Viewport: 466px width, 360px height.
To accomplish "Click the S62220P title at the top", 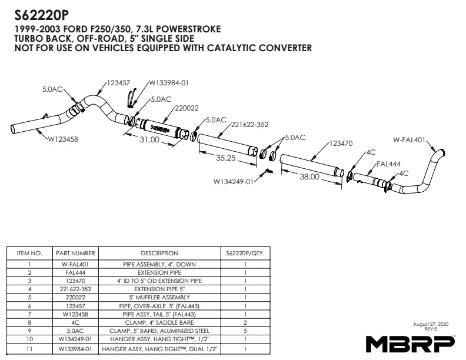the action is [41, 16].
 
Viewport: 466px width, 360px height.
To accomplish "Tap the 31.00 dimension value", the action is [149, 139].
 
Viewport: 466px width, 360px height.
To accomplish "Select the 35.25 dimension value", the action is [225, 158].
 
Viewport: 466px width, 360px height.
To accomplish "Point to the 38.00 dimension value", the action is [309, 176].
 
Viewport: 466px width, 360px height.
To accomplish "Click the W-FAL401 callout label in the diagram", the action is [410, 139].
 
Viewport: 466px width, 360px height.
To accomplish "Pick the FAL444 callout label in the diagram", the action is [388, 164].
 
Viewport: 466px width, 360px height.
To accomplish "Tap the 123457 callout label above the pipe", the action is [118, 82].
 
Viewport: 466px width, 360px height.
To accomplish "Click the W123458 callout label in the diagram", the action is [63, 139].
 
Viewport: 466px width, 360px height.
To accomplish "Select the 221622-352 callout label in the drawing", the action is [249, 125].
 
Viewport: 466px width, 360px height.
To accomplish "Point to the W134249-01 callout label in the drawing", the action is [234, 181].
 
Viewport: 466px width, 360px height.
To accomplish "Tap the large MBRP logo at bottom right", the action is [410, 344].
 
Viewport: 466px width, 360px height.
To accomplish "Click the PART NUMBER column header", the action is [75, 254].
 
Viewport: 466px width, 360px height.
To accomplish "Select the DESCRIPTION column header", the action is [159, 254].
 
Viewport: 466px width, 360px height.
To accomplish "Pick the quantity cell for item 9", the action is [245, 331].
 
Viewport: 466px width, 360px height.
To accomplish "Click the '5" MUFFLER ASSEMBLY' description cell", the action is [159, 297].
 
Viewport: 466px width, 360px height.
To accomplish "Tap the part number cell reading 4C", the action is [75, 322].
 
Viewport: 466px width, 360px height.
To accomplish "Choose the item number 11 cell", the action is [29, 349].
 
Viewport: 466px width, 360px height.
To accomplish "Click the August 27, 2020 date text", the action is [431, 324].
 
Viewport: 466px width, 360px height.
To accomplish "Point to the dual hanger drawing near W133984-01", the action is [131, 98].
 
